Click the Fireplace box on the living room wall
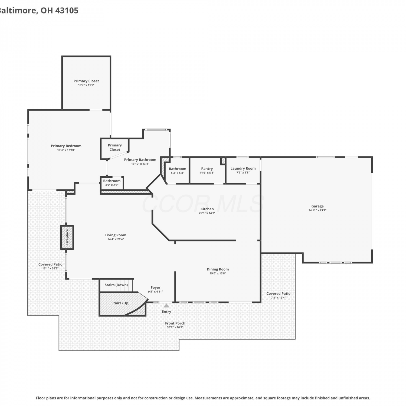pos(67,237)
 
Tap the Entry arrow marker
pos(166,306)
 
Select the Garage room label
pos(317,206)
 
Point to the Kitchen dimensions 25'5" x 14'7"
pos(207,213)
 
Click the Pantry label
pos(207,169)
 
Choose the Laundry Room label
pos(243,168)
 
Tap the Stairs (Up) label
pos(120,303)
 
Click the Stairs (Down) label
pos(116,285)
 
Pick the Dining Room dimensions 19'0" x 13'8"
pos(218,273)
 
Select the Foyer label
pos(156,287)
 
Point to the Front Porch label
pos(175,323)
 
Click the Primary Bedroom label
pos(66,146)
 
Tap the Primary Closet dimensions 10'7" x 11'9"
pos(86,85)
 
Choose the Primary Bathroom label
pos(140,160)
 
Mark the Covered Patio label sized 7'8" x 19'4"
pos(279,293)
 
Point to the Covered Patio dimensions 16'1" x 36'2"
pos(51,269)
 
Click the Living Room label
pos(116,235)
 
